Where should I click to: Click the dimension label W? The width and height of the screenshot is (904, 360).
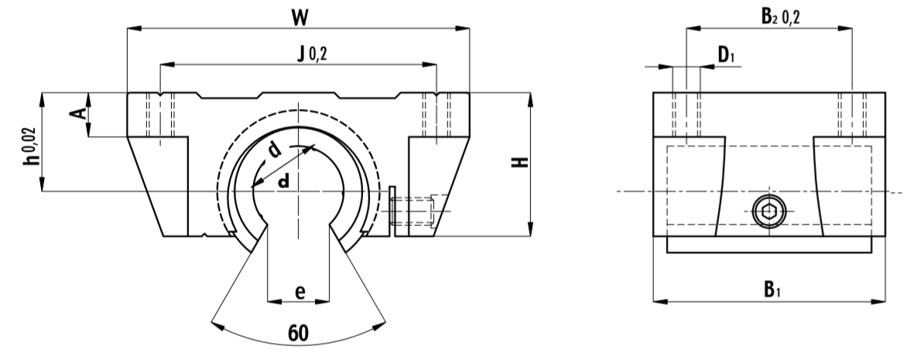coord(298,17)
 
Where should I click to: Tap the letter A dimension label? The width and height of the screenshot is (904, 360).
coord(77,115)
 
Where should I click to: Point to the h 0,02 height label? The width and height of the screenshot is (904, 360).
coord(32,146)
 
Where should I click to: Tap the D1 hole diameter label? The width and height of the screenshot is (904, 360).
coord(725,54)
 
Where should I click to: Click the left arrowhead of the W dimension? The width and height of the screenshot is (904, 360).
coord(132,30)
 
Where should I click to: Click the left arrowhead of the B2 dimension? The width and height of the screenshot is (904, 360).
coord(692,30)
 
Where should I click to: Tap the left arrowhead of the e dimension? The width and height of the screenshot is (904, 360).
coord(272,299)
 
